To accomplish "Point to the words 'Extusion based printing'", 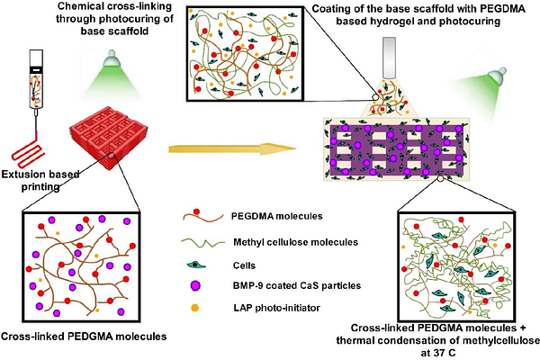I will (34, 184).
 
